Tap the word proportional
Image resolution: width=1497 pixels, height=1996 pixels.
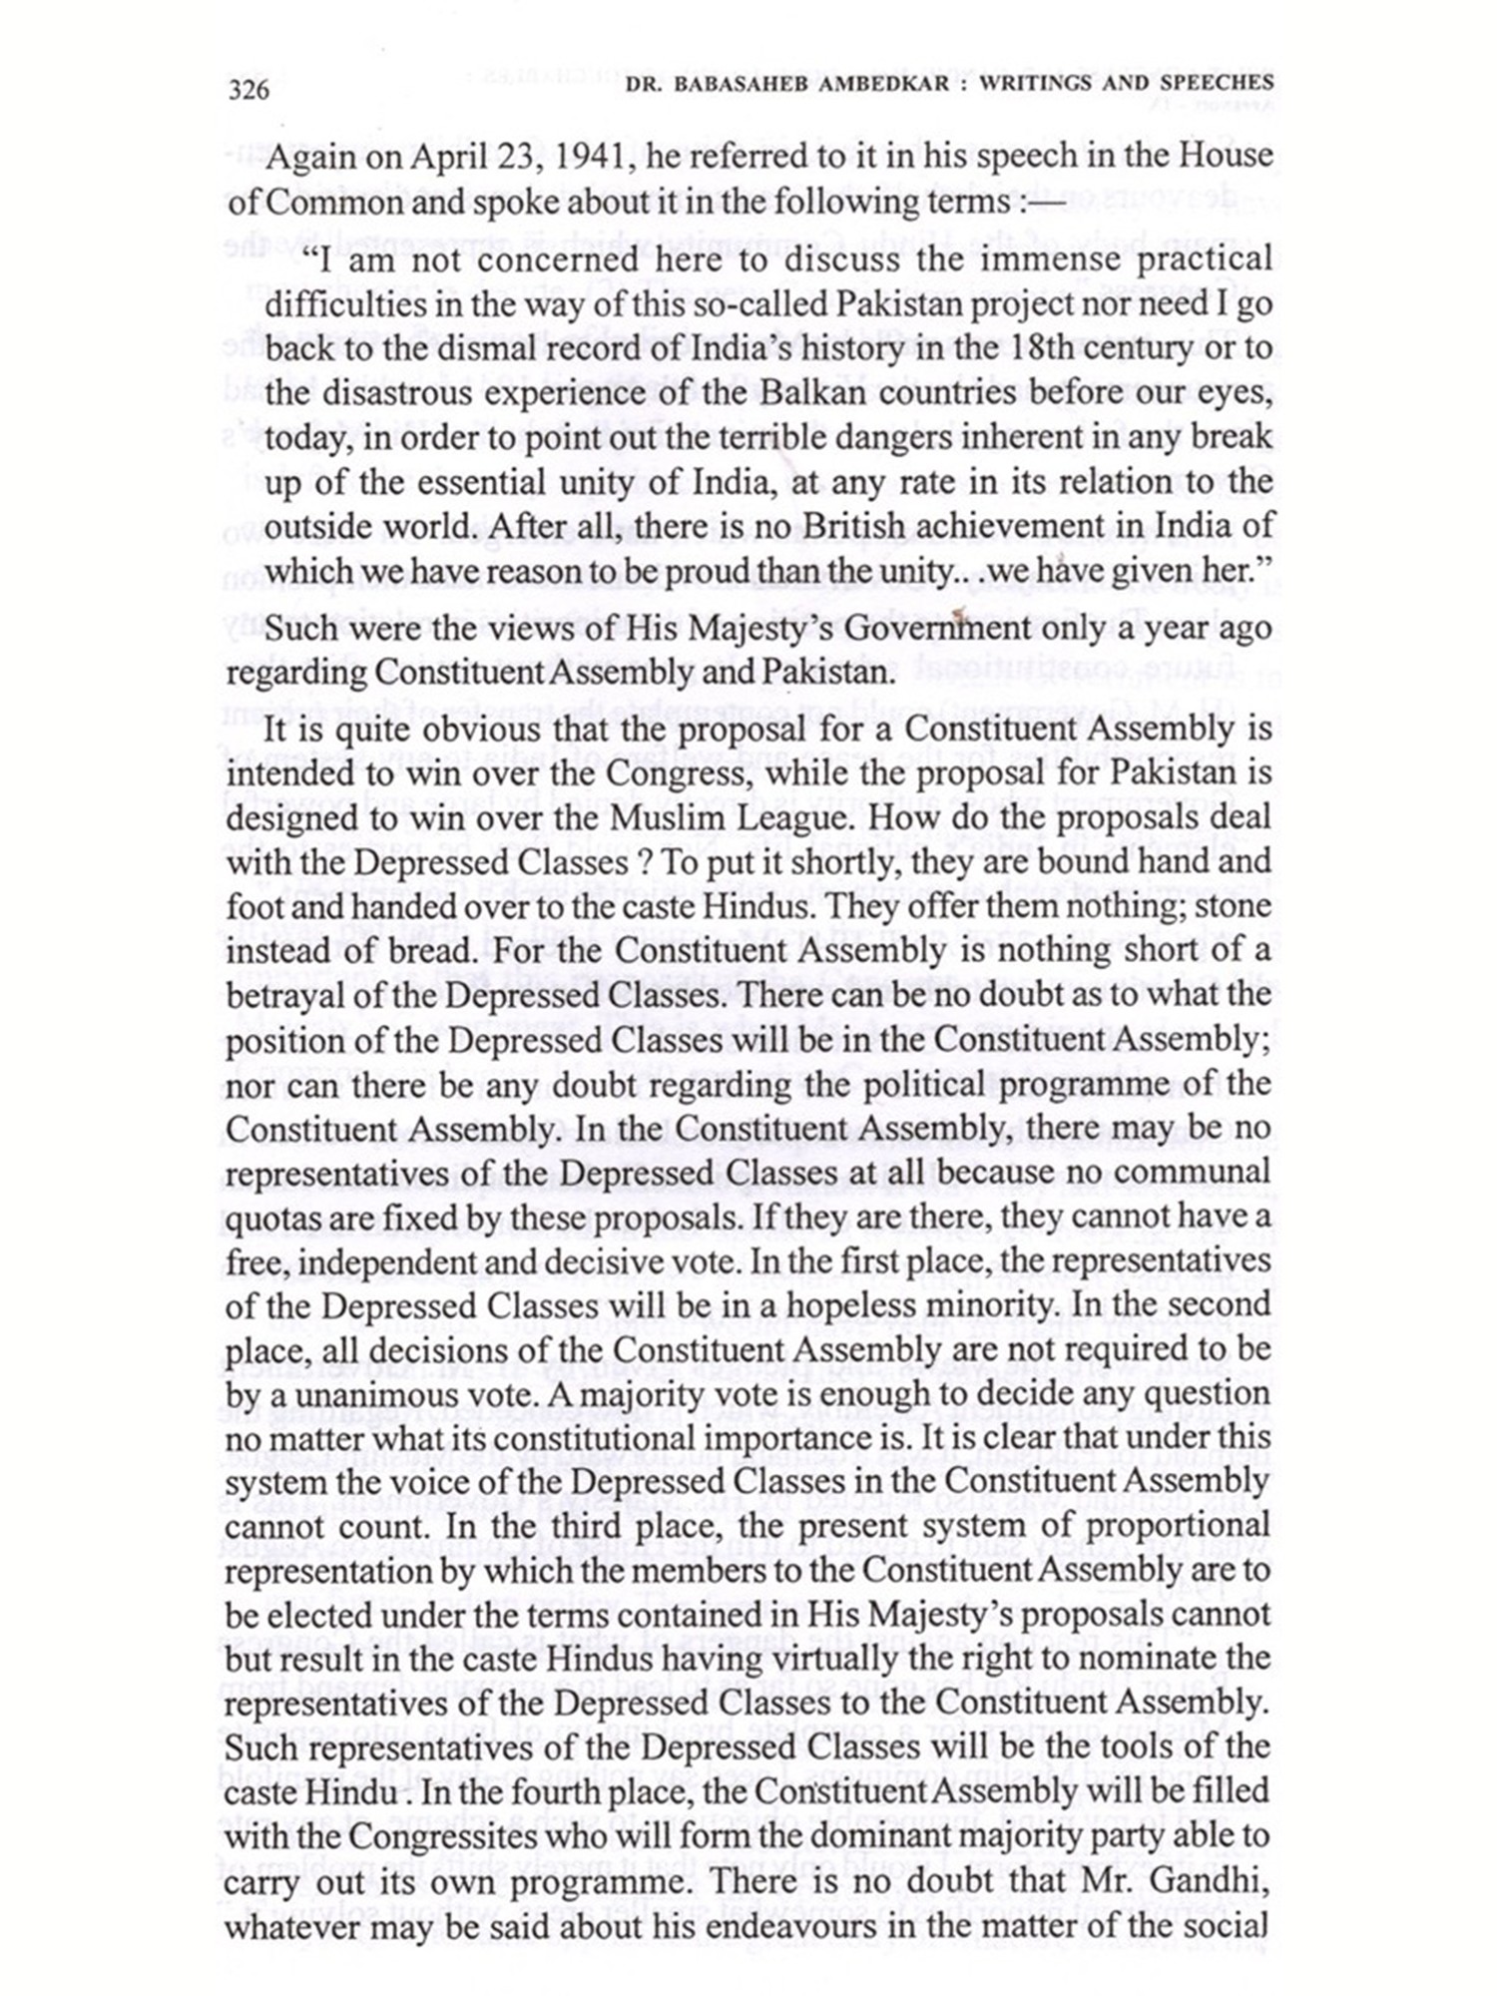(1178, 1527)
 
